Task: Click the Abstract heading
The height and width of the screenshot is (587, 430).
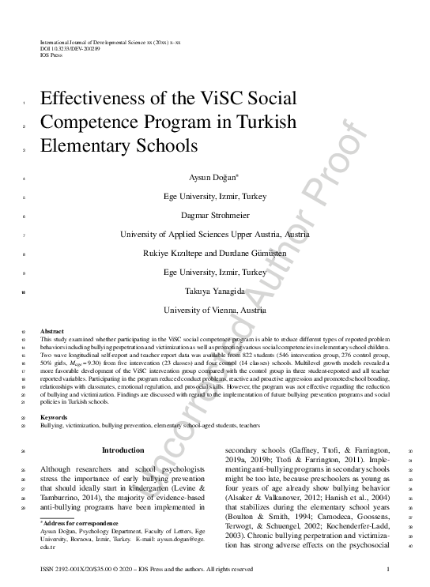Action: (x=51, y=331)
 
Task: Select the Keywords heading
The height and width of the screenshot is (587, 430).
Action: (x=54, y=417)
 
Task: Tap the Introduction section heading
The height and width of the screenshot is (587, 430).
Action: (x=123, y=450)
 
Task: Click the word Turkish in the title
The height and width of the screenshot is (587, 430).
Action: (x=261, y=123)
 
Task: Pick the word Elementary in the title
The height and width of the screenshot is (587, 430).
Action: (x=89, y=147)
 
